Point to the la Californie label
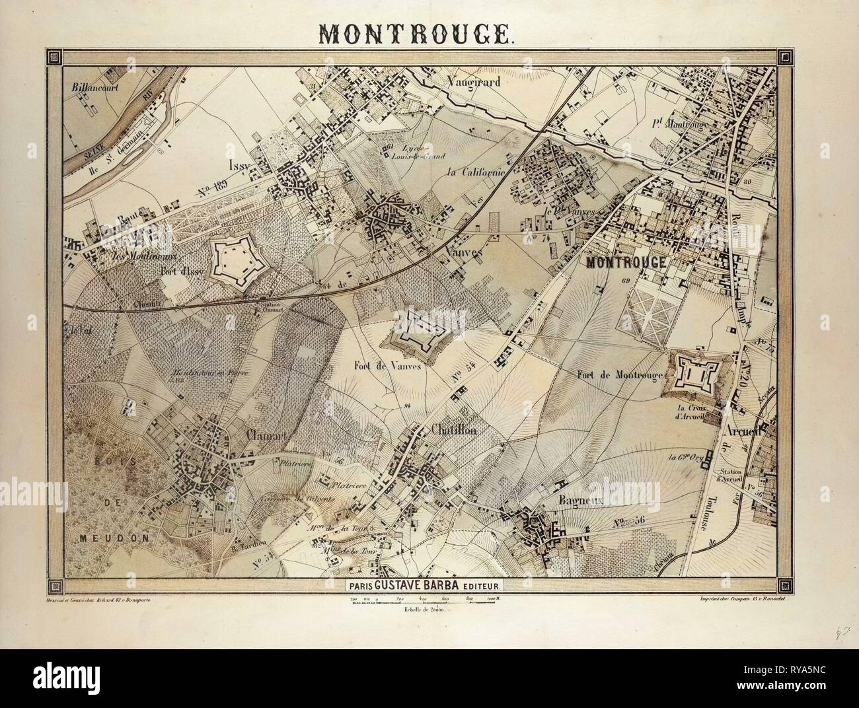(475, 173)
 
